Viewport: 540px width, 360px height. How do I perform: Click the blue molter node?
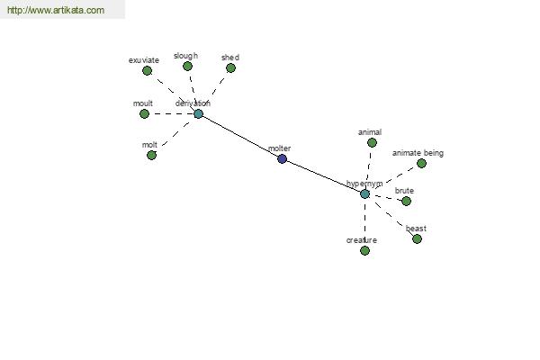(x=282, y=159)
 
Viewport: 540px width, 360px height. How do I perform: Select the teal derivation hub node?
(x=198, y=114)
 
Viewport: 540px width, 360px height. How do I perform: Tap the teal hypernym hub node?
(x=364, y=193)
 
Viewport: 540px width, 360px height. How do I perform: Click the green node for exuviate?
(x=147, y=71)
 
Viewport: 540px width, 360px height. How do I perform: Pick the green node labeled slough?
(x=187, y=66)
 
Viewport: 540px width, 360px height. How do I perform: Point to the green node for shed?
(x=230, y=68)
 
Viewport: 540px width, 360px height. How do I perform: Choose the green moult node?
(x=144, y=114)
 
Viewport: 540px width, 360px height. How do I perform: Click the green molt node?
(x=151, y=156)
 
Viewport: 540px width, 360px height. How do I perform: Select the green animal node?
(x=372, y=142)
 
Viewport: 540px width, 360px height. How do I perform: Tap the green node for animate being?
(x=421, y=163)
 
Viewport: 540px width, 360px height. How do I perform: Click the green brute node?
(x=406, y=201)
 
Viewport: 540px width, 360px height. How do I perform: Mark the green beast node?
(x=417, y=239)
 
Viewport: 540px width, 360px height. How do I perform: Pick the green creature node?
(x=364, y=251)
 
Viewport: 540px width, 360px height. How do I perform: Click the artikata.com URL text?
(x=56, y=11)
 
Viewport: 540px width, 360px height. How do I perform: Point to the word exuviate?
(x=144, y=60)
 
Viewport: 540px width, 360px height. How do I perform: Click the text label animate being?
(x=418, y=153)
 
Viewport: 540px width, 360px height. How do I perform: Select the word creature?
(x=361, y=240)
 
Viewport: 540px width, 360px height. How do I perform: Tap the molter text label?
(x=280, y=148)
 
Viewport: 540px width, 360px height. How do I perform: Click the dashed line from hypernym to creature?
(x=364, y=220)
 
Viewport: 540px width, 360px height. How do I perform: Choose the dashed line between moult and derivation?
(x=171, y=114)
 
